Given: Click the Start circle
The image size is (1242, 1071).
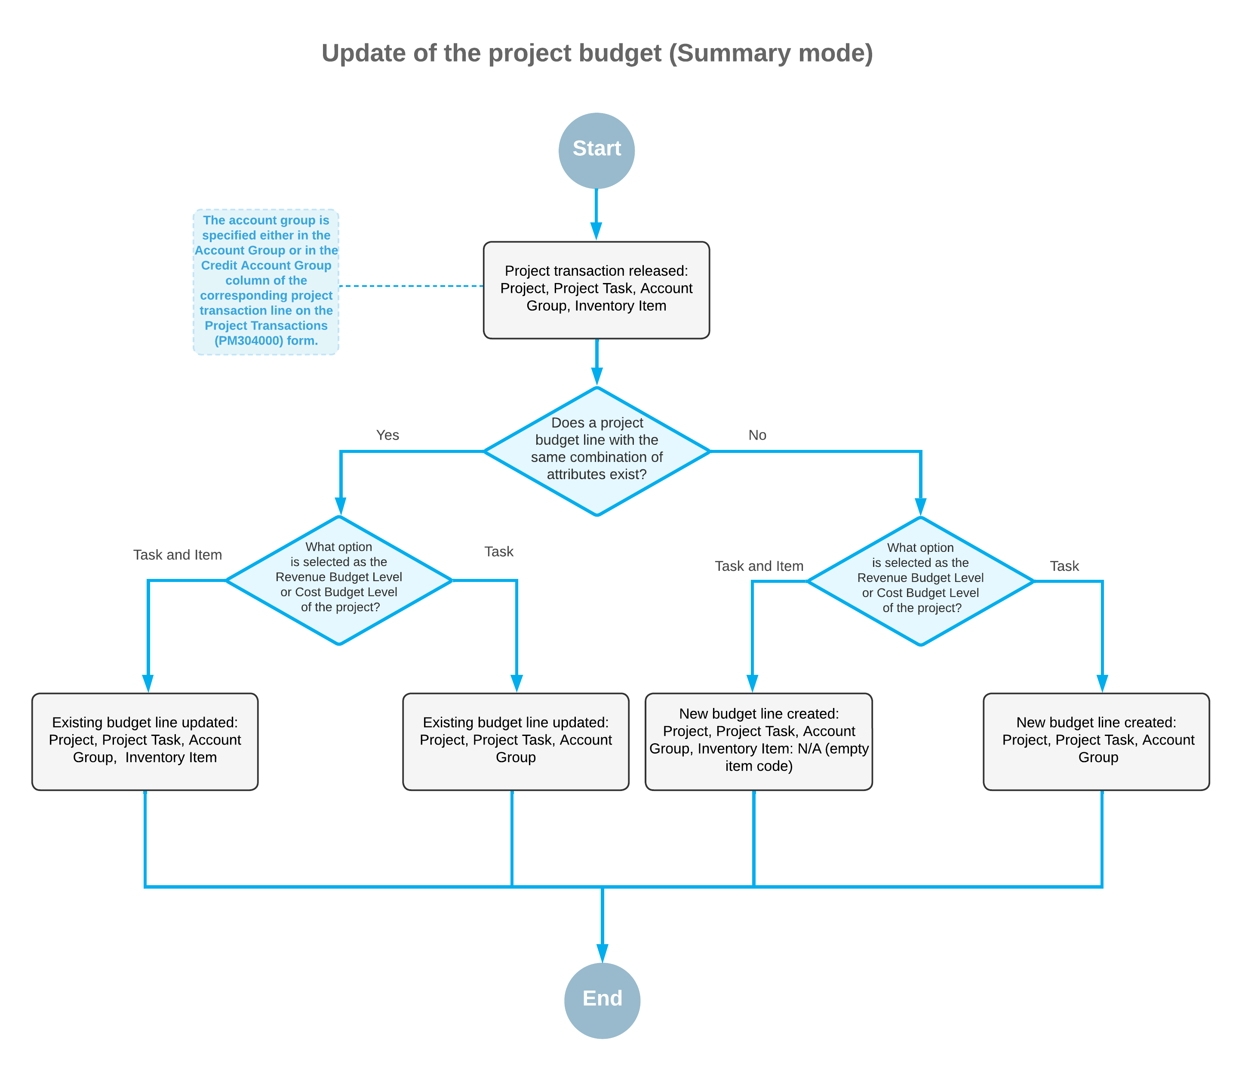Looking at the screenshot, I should (x=596, y=151).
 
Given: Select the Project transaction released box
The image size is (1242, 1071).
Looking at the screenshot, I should (x=596, y=290).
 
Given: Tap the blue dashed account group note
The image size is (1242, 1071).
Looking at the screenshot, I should (x=265, y=282).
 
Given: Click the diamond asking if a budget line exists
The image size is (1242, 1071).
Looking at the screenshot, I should (x=596, y=451).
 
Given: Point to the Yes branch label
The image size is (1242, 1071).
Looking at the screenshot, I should (x=387, y=435).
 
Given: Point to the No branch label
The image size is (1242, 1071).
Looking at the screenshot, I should (x=757, y=435).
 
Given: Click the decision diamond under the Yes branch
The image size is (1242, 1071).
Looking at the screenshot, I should (x=339, y=581).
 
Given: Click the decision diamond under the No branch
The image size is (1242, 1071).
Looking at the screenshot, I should (x=920, y=581).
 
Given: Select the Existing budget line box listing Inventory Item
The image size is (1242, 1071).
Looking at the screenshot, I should (x=145, y=742).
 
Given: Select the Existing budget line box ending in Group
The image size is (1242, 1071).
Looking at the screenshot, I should (x=516, y=742).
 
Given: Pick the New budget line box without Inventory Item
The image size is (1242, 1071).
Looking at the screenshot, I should (x=1096, y=742).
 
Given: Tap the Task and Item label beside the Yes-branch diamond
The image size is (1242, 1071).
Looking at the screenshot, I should (x=178, y=555).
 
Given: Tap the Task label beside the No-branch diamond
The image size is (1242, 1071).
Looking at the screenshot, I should (x=1064, y=566).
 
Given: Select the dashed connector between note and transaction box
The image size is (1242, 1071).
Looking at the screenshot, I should (x=411, y=286).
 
